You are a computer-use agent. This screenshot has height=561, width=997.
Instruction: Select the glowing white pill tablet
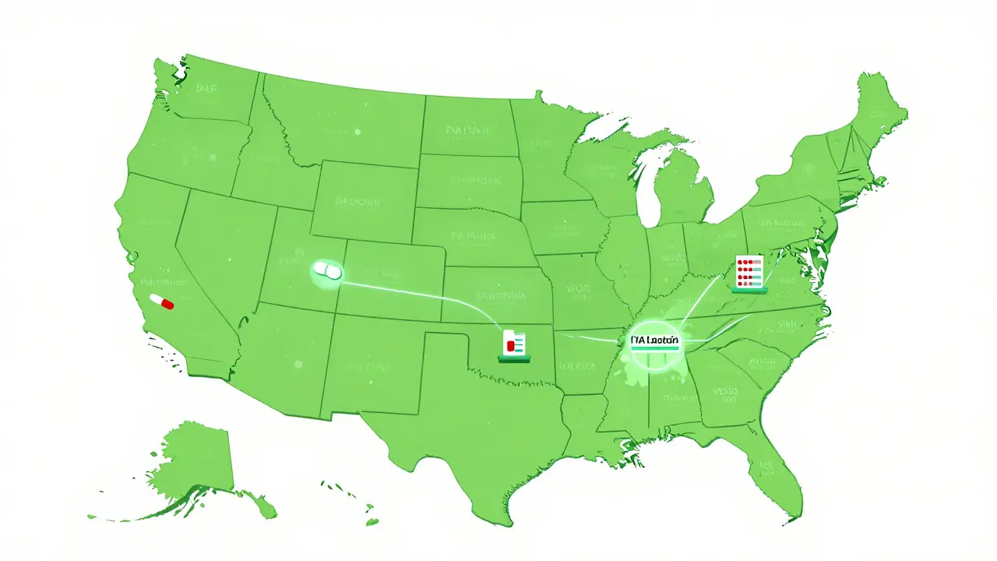[326, 271]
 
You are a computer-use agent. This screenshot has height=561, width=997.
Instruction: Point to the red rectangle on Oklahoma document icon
[510, 344]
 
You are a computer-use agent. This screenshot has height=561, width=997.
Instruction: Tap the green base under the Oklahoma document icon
[515, 359]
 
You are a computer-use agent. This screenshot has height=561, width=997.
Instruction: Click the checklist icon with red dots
[749, 272]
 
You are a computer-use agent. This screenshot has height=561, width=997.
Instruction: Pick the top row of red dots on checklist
[746, 262]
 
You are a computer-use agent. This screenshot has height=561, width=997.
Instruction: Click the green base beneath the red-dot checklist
[749, 290]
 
